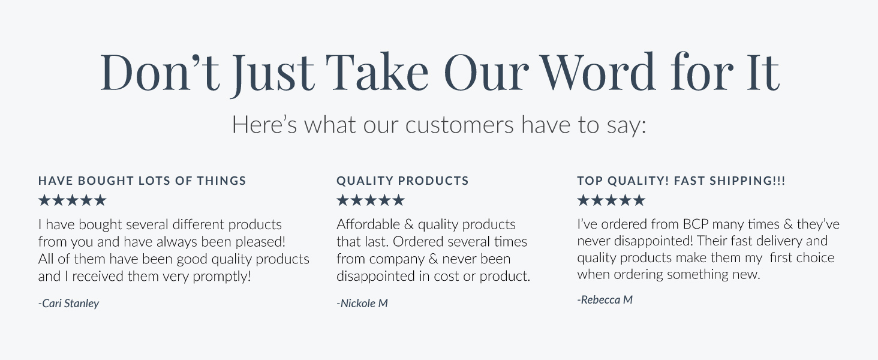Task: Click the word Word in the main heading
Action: click(600, 73)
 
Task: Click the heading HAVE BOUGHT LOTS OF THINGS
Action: click(142, 181)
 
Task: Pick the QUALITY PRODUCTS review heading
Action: click(402, 181)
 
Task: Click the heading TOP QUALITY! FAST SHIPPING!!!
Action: click(681, 181)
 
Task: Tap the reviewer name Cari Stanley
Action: click(69, 304)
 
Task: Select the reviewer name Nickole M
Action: click(362, 304)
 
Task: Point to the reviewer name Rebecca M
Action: click(605, 300)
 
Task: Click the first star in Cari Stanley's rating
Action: click(44, 200)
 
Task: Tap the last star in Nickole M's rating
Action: click(398, 200)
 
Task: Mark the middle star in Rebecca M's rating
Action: click(611, 200)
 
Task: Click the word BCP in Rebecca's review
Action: click(697, 225)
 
